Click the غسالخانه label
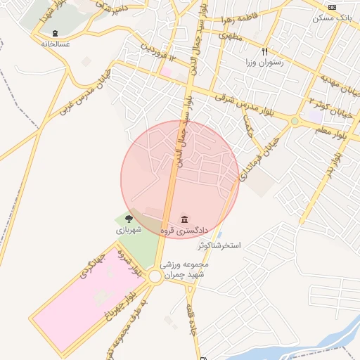click(x=55, y=44)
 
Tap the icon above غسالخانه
click(x=55, y=33)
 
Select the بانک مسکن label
click(x=335, y=16)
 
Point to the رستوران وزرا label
click(x=264, y=63)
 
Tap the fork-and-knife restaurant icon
click(x=265, y=51)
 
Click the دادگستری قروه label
click(x=185, y=230)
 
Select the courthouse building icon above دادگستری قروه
click(x=185, y=219)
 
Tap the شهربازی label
click(x=129, y=230)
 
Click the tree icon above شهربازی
click(x=128, y=219)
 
